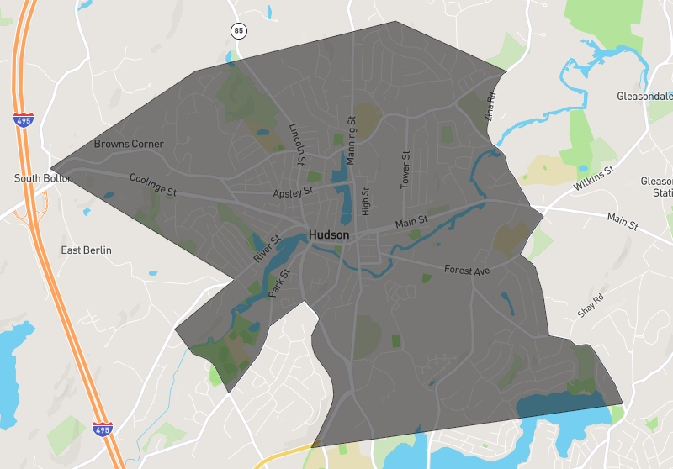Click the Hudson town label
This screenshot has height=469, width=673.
pyautogui.click(x=329, y=235)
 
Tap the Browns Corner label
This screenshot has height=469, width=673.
pyautogui.click(x=129, y=144)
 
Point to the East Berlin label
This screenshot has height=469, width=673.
pyautogui.click(x=87, y=250)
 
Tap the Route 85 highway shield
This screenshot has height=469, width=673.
pyautogui.click(x=239, y=31)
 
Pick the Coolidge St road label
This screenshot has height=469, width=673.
pyautogui.click(x=152, y=185)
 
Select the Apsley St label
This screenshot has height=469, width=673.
pyautogui.click(x=293, y=192)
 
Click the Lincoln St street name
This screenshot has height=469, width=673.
pyautogui.click(x=296, y=143)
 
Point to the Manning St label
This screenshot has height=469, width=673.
pyautogui.click(x=352, y=140)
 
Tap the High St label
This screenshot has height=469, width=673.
pyautogui.click(x=365, y=201)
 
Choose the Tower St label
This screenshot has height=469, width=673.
pyautogui.click(x=405, y=169)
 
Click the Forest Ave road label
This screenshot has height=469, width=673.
pyautogui.click(x=467, y=271)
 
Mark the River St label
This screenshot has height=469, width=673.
pyautogui.click(x=265, y=250)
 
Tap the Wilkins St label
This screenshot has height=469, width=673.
pyautogui.click(x=595, y=177)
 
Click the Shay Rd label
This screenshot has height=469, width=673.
pyautogui.click(x=591, y=306)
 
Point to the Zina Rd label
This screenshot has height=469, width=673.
pyautogui.click(x=491, y=107)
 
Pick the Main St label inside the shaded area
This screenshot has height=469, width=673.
pyautogui.click(x=412, y=223)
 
